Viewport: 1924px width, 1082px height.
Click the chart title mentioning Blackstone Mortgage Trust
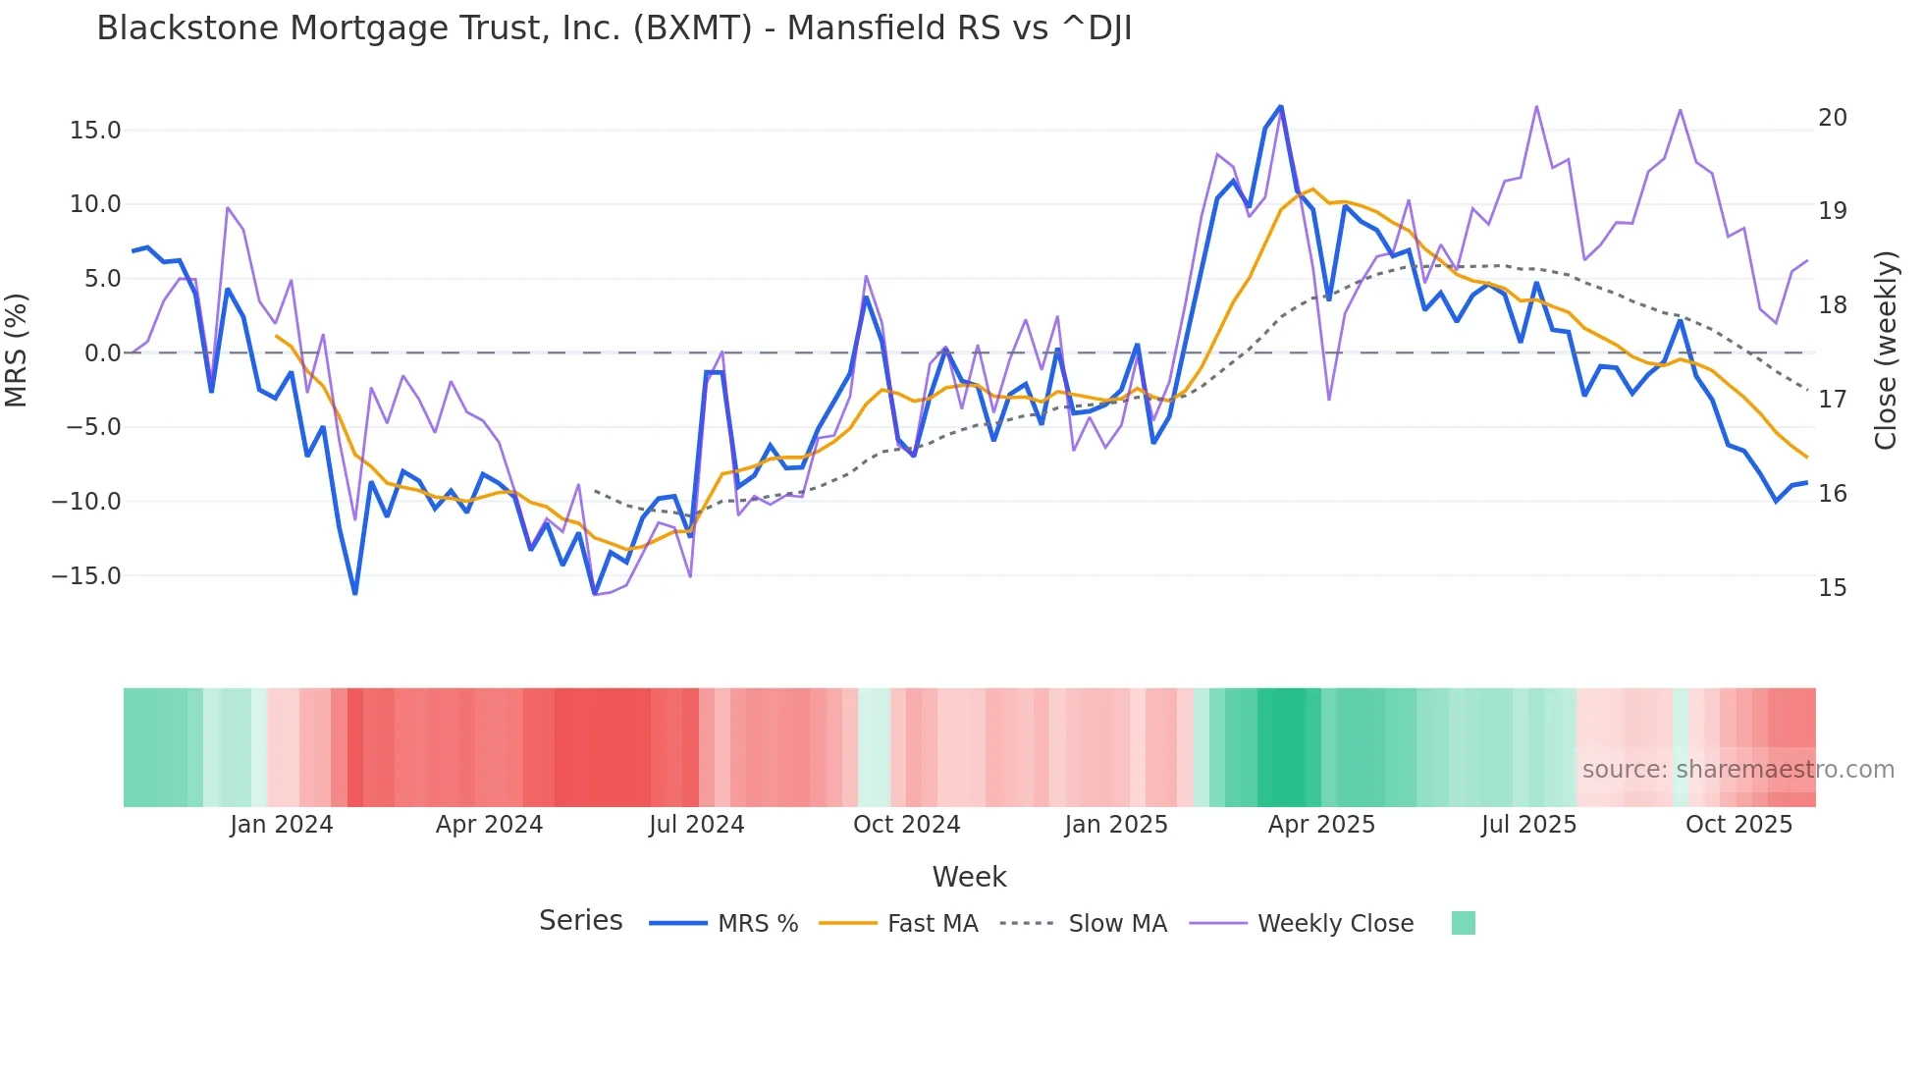tap(614, 28)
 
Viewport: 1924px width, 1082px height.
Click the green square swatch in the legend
tap(1463, 923)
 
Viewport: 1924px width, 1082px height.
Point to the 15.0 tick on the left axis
tap(95, 131)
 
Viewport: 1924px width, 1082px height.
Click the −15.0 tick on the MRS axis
tap(86, 576)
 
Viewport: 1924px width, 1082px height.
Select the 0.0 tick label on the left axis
tap(102, 353)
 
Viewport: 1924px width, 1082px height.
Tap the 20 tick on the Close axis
tap(1832, 118)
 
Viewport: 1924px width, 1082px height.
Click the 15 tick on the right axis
tap(1832, 588)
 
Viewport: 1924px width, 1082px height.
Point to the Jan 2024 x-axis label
tap(282, 825)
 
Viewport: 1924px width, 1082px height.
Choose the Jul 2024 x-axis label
tap(697, 825)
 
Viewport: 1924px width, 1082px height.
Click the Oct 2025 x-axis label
tap(1738, 825)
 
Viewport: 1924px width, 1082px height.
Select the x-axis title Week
tap(969, 877)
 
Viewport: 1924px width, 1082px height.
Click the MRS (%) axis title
tap(17, 350)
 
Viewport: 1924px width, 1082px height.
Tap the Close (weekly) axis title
tap(1885, 351)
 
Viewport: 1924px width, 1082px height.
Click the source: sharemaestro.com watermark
tap(1737, 770)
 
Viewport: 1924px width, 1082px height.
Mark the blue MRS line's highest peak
tap(1281, 107)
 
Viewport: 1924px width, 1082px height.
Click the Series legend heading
tap(580, 921)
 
